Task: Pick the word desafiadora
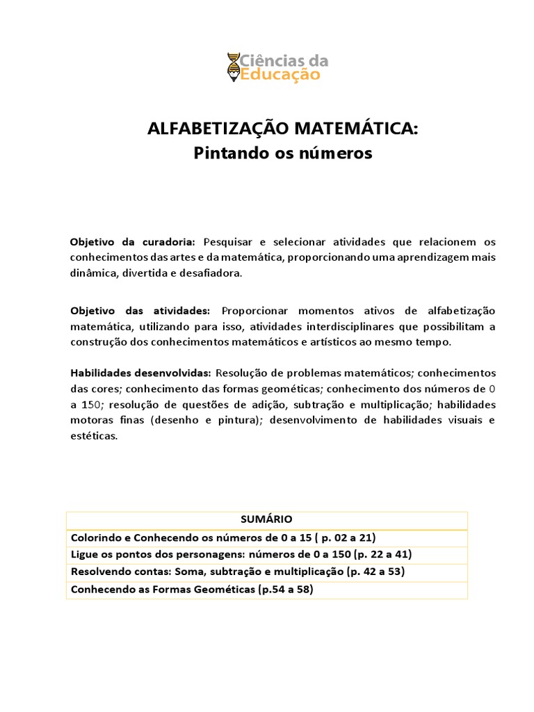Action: pyautogui.click(x=210, y=273)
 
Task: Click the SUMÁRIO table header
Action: pyautogui.click(x=266, y=519)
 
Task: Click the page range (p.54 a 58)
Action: pyautogui.click(x=286, y=589)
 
